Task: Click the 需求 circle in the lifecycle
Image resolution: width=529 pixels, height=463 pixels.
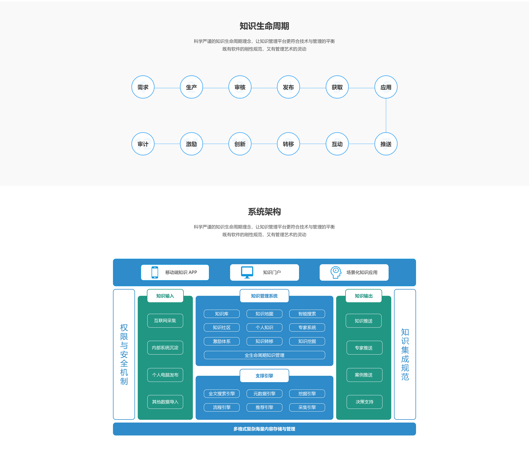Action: tap(143, 87)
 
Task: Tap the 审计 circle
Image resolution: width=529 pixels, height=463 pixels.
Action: tap(143, 144)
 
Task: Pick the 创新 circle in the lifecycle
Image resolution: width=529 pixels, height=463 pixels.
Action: tap(240, 144)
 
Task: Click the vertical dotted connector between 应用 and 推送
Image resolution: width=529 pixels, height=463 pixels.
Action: tap(386, 115)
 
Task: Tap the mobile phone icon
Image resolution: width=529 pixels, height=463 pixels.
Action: tap(155, 272)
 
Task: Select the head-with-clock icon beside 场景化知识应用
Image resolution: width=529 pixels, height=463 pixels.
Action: tap(336, 272)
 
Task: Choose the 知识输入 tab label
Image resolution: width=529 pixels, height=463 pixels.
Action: tap(165, 296)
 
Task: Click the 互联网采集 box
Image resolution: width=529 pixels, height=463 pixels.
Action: tap(165, 321)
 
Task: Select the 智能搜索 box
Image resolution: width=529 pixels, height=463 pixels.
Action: tap(307, 314)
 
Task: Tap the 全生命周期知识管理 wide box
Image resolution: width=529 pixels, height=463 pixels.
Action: tap(264, 355)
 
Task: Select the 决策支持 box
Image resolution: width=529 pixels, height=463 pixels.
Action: tap(364, 402)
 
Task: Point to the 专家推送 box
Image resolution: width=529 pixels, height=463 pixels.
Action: tap(364, 348)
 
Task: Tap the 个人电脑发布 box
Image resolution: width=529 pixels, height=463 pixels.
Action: tap(165, 375)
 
